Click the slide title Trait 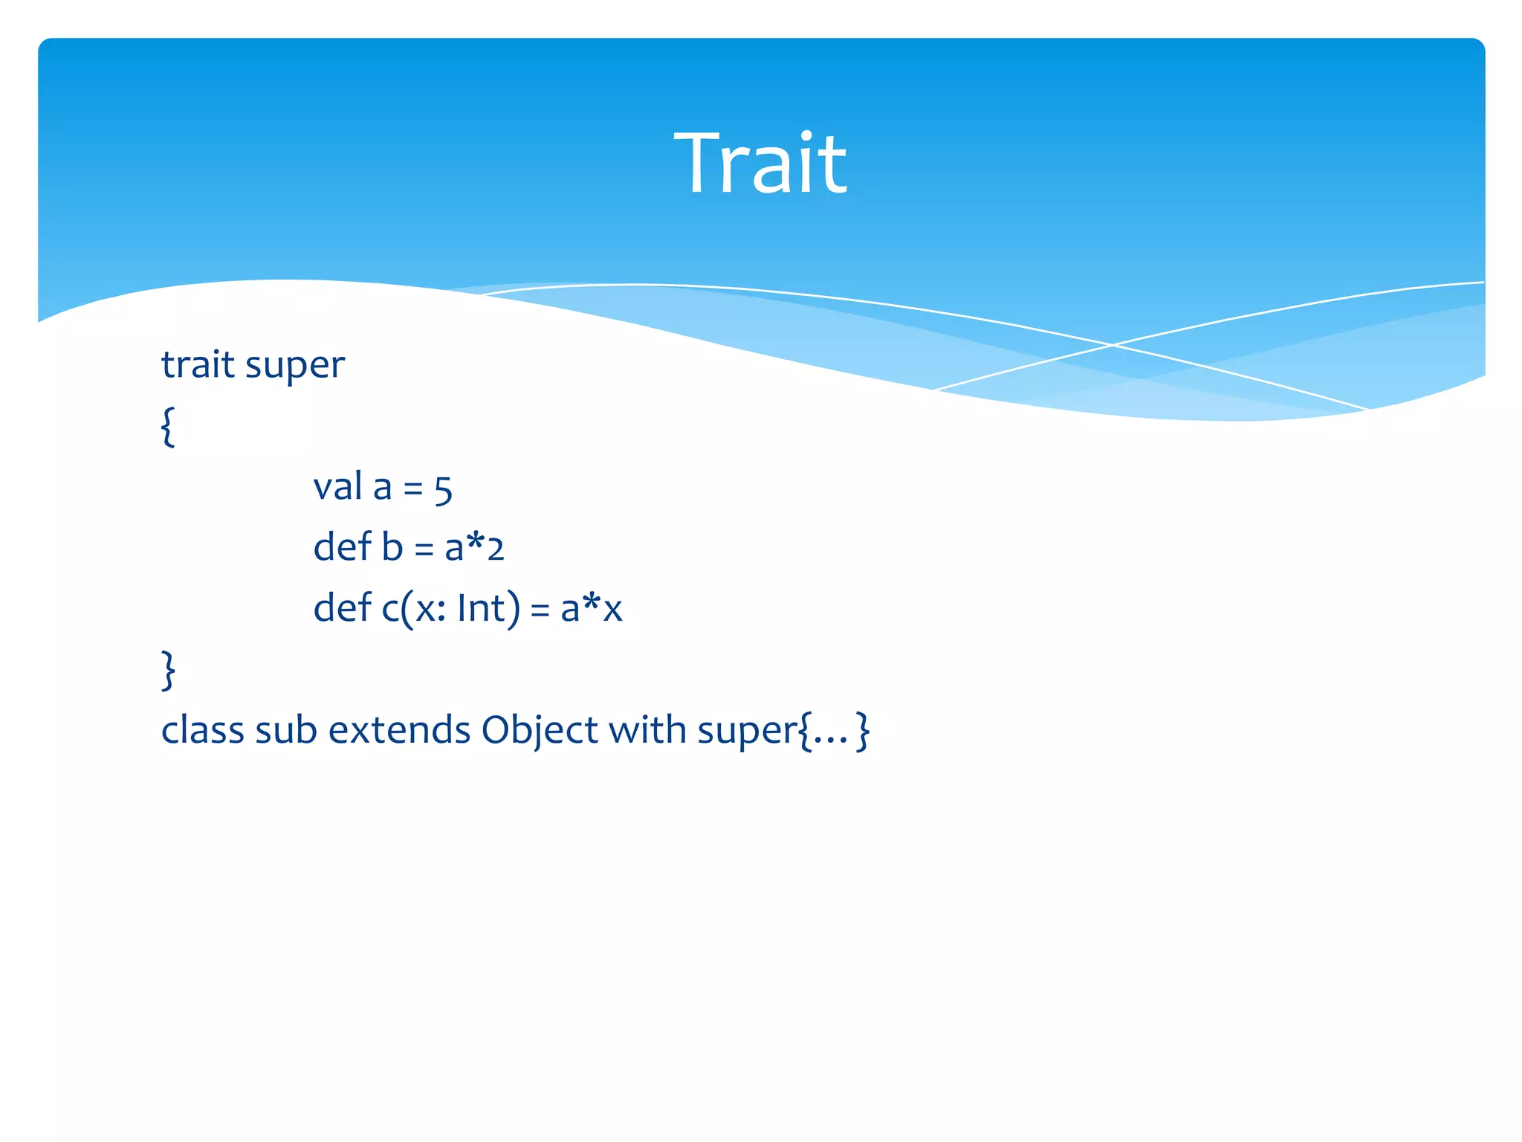click(760, 164)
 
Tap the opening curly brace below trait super click(169, 426)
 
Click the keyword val click(338, 487)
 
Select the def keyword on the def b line click(342, 547)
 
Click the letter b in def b click(392, 547)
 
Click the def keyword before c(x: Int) click(342, 608)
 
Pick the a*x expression click(591, 608)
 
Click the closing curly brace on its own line click(169, 670)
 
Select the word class click(202, 730)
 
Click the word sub click(286, 730)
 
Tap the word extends click(399, 730)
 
